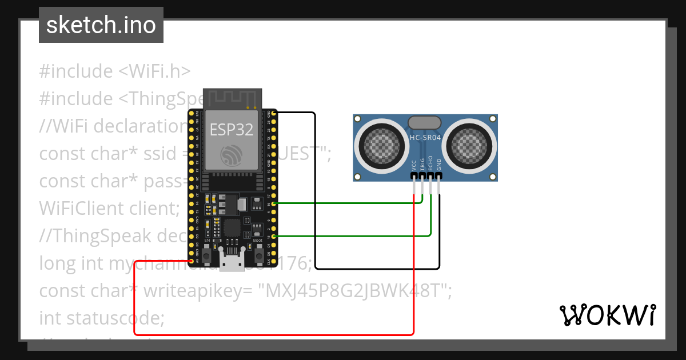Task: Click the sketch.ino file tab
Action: click(101, 25)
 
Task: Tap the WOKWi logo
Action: click(607, 315)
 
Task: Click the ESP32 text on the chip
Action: click(231, 129)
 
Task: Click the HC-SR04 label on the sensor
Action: click(425, 137)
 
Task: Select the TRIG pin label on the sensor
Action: click(422, 165)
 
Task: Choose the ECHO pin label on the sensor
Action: click(430, 165)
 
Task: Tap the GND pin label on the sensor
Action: click(439, 166)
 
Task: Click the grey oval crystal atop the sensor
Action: click(425, 122)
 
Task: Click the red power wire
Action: click(274, 334)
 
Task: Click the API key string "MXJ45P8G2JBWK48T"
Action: click(353, 290)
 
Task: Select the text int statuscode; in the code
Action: click(102, 317)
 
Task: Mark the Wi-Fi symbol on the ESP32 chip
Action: click(232, 154)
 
